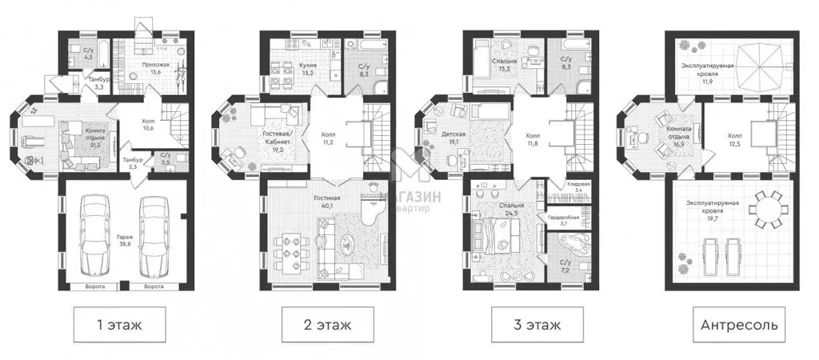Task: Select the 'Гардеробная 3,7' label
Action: pos(563,219)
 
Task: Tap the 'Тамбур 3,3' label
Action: pos(76,82)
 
